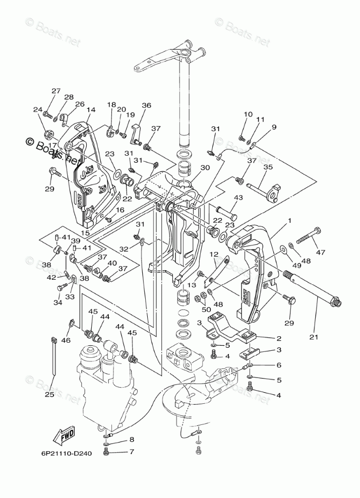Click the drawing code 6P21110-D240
pyautogui.click(x=67, y=453)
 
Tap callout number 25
pyautogui.click(x=48, y=394)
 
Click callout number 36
pyautogui.click(x=146, y=105)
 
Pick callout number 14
pyautogui.click(x=91, y=110)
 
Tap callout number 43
pyautogui.click(x=238, y=198)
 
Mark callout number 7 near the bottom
pyautogui.click(x=132, y=452)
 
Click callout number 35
pyautogui.click(x=268, y=167)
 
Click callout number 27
pyautogui.click(x=55, y=91)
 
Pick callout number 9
pyautogui.click(x=274, y=128)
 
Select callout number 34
pyautogui.click(x=57, y=302)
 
